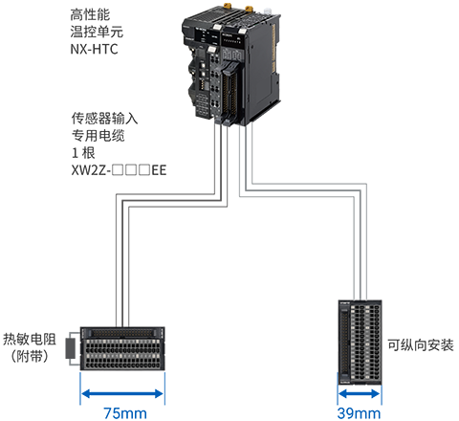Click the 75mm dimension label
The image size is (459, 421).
point(125,413)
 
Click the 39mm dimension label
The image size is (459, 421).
point(359,413)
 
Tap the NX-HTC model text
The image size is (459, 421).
point(94,49)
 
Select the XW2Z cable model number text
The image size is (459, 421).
point(119,170)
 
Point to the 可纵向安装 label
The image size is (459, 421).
point(421,345)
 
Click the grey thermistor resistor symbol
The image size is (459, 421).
point(71,348)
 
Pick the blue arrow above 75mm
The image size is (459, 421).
point(122,393)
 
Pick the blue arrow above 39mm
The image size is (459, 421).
point(360,393)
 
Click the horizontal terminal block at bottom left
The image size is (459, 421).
point(122,348)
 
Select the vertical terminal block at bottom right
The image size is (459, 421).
point(360,342)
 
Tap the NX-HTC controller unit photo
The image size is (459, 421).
point(231,65)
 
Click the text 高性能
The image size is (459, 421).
point(90,14)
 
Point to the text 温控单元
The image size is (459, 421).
point(97,32)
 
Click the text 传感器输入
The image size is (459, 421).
point(104,119)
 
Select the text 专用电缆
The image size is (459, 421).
point(98,136)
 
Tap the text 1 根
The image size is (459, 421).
point(83,153)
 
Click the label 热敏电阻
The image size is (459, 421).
point(30,339)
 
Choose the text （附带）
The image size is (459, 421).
point(30,356)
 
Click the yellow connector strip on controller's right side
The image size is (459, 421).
point(273,48)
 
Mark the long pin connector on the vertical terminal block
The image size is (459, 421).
point(344,342)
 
